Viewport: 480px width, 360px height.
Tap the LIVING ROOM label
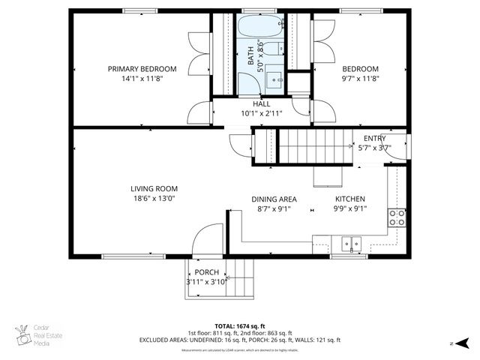(x=154, y=188)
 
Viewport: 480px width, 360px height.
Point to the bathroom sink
(x=275, y=78)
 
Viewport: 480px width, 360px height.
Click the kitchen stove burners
(x=397, y=217)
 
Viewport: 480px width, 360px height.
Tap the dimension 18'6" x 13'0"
(x=154, y=199)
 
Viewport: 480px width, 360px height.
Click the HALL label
(x=261, y=103)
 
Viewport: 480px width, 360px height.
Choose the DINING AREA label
(x=274, y=199)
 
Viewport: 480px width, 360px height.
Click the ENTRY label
(x=374, y=139)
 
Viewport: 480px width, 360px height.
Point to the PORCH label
(x=206, y=271)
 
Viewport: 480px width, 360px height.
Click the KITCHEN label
(x=349, y=199)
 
